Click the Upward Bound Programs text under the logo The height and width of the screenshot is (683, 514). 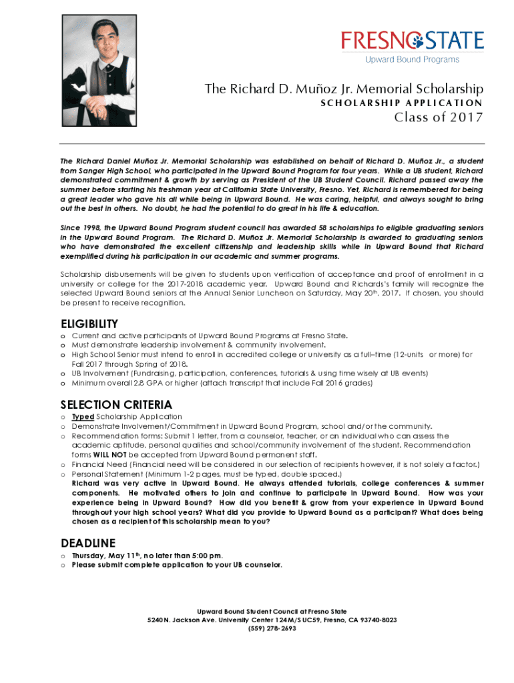411,60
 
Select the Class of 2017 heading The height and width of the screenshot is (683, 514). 439,119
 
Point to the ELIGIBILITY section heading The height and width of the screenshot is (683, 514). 89,324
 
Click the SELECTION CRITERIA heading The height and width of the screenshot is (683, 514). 116,405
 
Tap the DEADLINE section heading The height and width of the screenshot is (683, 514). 88,542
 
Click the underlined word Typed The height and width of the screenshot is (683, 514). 83,417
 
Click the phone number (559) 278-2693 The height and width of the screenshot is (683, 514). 272,628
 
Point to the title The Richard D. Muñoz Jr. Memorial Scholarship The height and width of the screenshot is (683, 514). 344,89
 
